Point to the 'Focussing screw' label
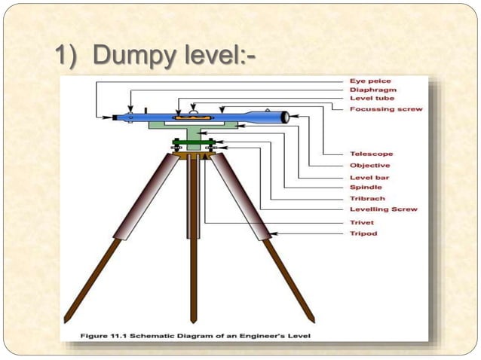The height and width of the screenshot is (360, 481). tap(386, 109)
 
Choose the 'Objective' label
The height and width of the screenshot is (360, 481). tap(370, 165)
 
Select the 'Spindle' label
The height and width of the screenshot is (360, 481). tap(366, 187)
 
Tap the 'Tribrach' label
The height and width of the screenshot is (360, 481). tap(368, 198)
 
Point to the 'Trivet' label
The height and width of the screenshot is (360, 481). tap(363, 223)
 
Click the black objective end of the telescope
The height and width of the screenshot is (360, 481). tap(284, 117)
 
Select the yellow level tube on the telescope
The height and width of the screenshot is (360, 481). tap(188, 118)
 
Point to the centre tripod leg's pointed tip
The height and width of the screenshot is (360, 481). tap(194, 319)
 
